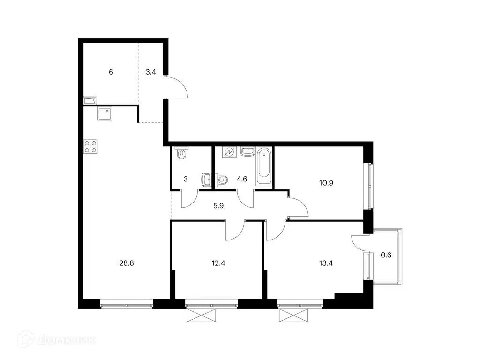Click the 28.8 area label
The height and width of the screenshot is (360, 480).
(x=127, y=263)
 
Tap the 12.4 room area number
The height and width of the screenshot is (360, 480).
(x=218, y=263)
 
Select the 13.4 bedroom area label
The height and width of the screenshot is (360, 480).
(x=326, y=263)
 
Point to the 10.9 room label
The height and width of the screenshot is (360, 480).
(x=326, y=183)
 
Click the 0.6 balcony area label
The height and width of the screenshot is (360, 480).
(x=386, y=255)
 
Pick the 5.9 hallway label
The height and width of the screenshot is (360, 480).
(x=218, y=206)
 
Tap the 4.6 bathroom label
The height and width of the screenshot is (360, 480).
(x=242, y=179)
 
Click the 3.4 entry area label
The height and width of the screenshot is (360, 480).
(x=150, y=72)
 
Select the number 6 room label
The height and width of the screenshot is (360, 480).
(x=111, y=72)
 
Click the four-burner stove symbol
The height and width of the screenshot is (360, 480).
(x=90, y=147)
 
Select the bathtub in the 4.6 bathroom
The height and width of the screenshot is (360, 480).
(x=264, y=166)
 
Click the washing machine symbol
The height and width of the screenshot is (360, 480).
(x=229, y=152)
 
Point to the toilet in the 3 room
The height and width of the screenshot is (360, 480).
(x=182, y=153)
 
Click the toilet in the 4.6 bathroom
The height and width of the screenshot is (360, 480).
(x=223, y=180)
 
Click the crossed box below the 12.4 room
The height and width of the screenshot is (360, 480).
(x=202, y=315)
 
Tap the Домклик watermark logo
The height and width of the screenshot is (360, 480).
(x=56, y=339)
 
